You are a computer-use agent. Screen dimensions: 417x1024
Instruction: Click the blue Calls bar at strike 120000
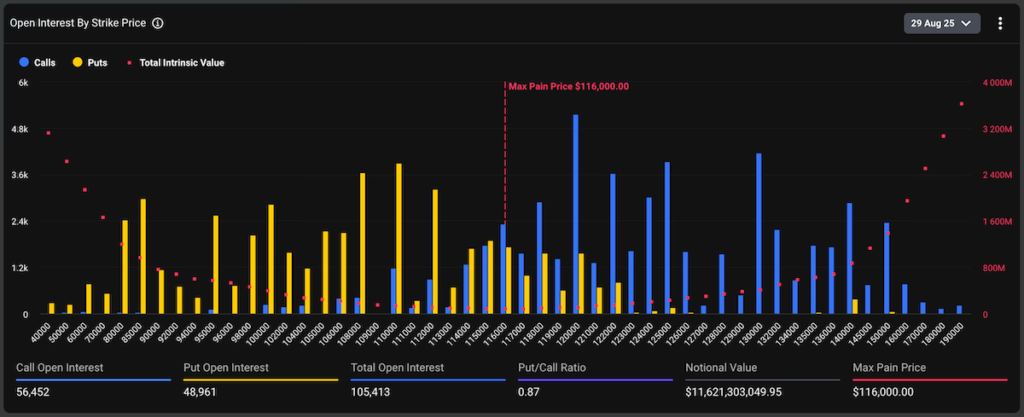click(x=575, y=215)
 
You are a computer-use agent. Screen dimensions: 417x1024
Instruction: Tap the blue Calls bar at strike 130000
click(x=759, y=234)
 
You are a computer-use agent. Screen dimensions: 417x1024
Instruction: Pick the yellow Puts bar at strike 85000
click(x=143, y=257)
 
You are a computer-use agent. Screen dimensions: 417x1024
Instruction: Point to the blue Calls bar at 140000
click(x=849, y=259)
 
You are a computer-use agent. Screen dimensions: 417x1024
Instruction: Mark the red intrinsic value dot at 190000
click(x=961, y=104)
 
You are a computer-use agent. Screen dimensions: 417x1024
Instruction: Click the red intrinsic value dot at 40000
click(x=48, y=133)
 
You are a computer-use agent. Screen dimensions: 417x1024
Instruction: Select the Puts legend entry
click(x=90, y=62)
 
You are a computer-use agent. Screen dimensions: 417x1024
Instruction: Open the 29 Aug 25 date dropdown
click(x=941, y=23)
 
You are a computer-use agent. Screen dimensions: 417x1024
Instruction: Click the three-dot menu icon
click(x=1000, y=23)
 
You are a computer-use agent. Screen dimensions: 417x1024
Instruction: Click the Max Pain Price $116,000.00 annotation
click(x=568, y=87)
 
